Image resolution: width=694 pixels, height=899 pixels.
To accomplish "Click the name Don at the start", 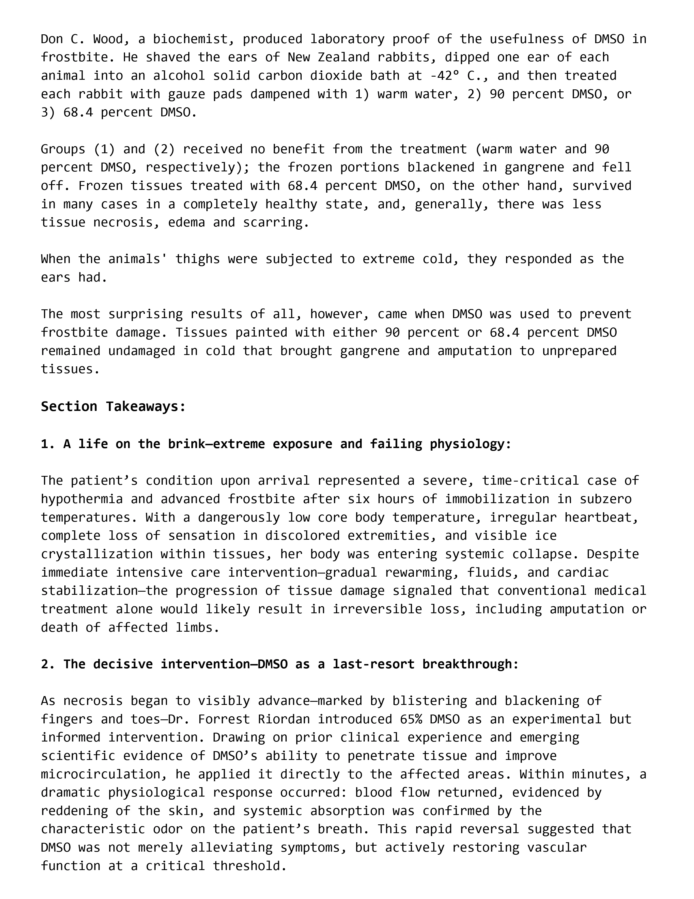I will coord(52,39).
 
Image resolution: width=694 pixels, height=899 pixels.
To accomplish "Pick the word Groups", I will coord(63,149).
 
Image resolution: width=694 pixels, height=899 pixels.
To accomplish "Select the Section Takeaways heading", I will coord(113,407).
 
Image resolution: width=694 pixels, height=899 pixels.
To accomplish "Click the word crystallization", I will coord(97,554).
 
